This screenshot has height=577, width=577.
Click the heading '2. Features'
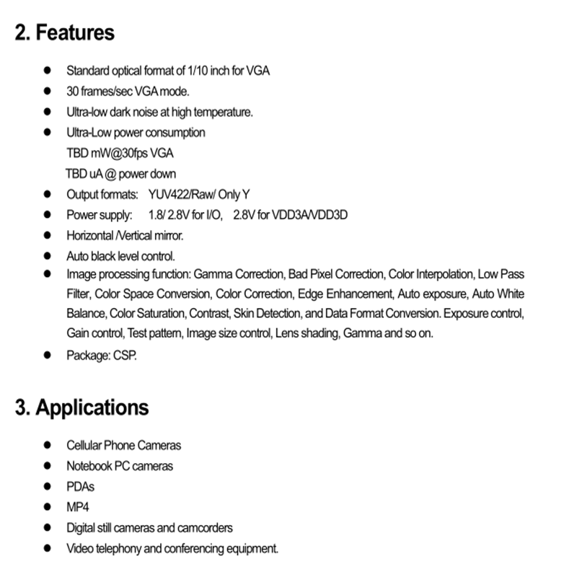[x=65, y=32]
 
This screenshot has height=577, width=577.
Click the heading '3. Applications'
[x=82, y=407]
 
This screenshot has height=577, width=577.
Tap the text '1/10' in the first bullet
[x=196, y=71]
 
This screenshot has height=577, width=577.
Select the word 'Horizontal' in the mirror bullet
[x=89, y=236]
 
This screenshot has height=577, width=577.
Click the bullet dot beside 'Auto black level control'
[x=48, y=256]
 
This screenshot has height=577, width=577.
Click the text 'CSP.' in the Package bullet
[x=125, y=355]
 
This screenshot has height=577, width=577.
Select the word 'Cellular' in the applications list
[x=85, y=446]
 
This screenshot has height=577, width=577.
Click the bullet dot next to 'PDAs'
[x=48, y=487]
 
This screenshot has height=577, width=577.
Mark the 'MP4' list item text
[x=78, y=507]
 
